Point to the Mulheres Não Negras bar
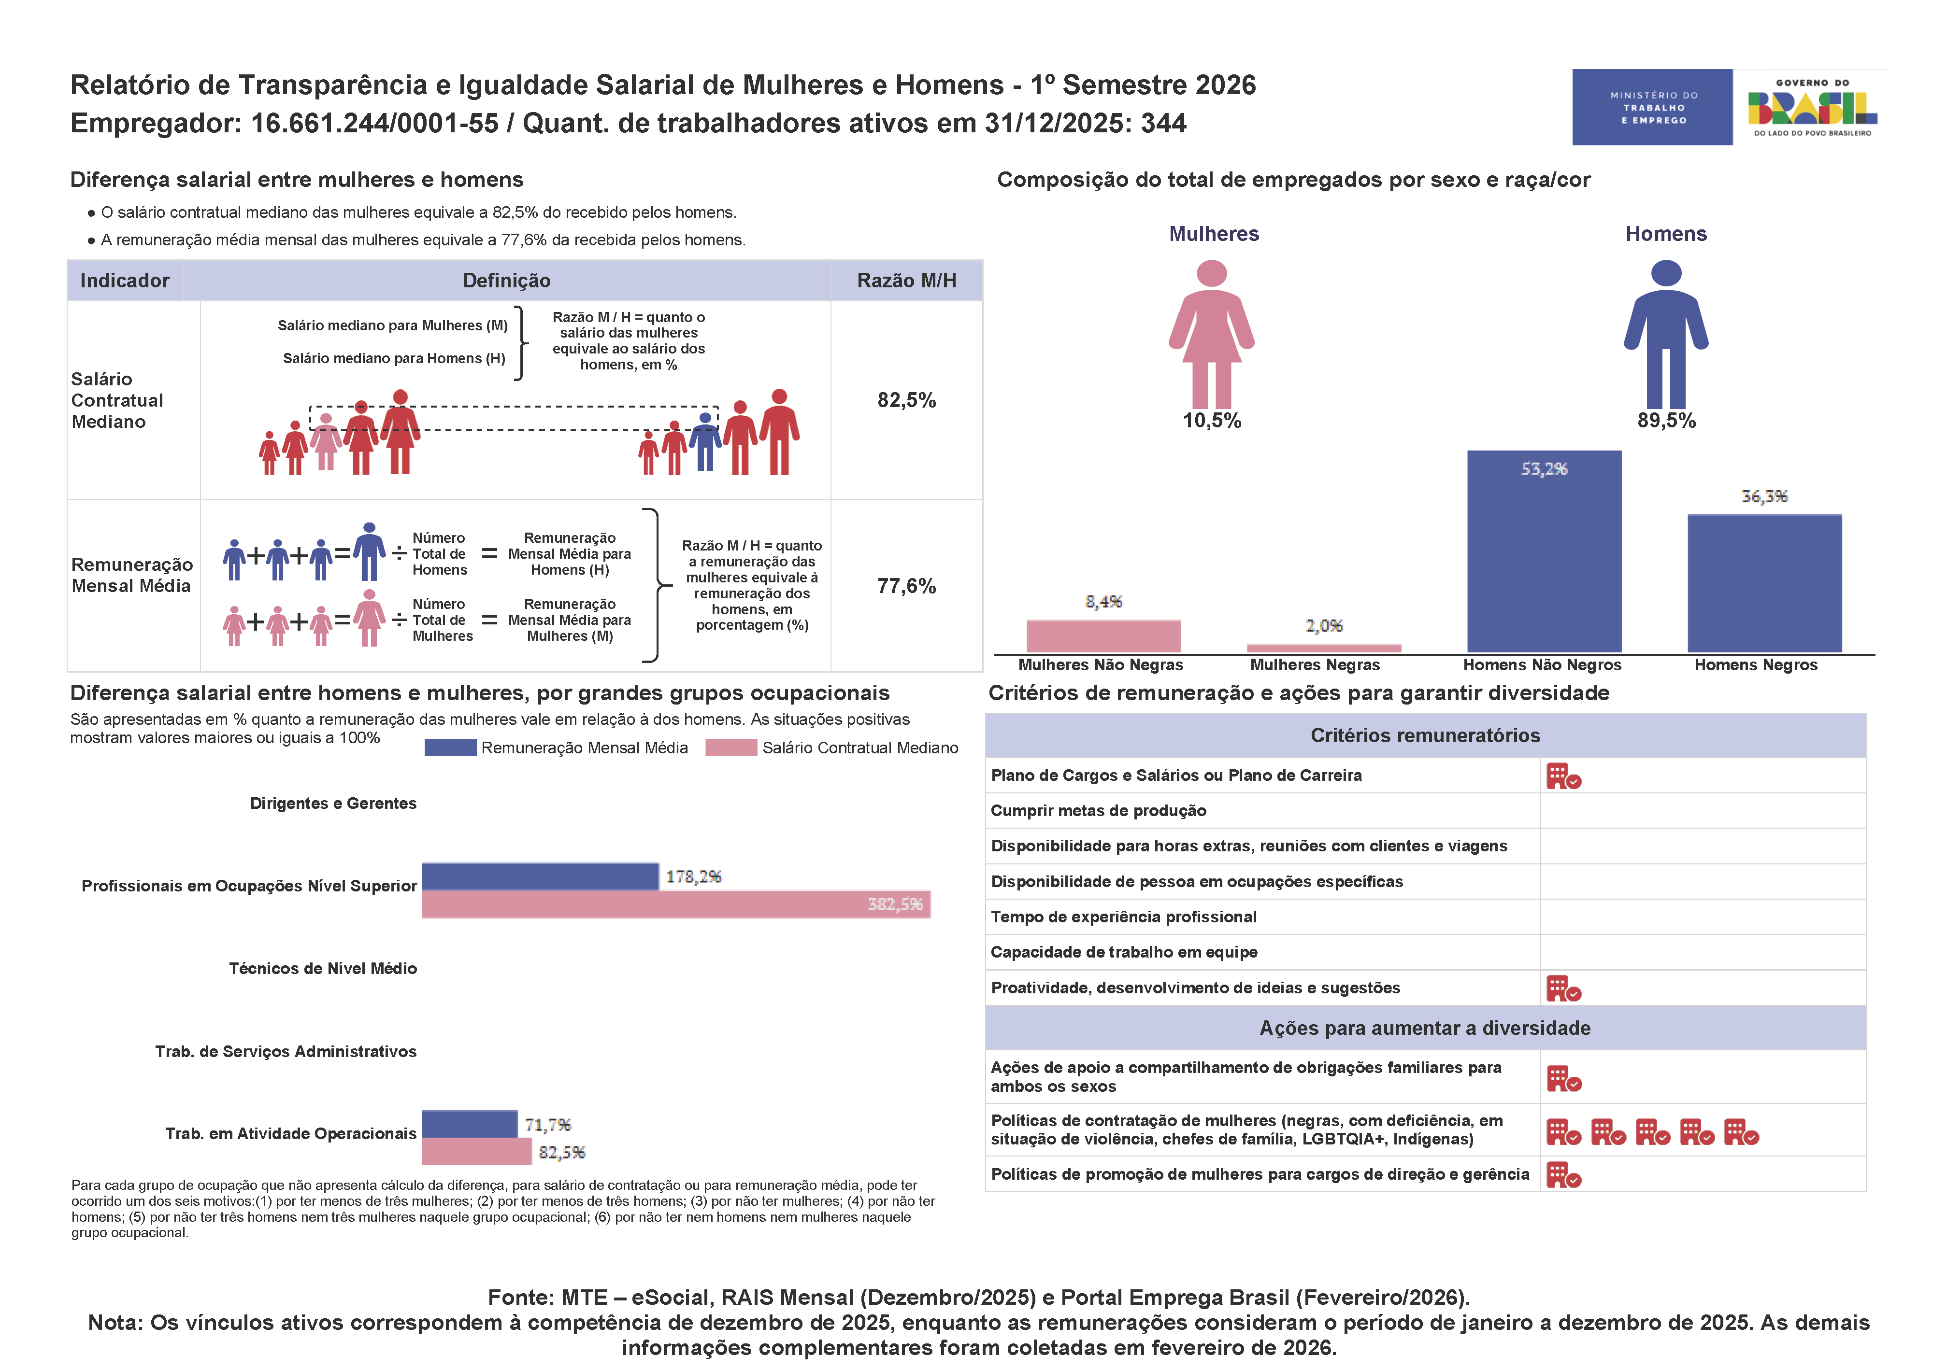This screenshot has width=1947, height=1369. click(x=1103, y=636)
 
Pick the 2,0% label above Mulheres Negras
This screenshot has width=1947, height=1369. click(x=1324, y=625)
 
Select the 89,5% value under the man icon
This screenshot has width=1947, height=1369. click(x=1665, y=421)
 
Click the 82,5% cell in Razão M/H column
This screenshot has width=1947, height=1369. click(x=906, y=400)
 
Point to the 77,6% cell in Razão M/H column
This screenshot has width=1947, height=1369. click(x=906, y=586)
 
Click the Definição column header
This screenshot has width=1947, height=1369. click(x=506, y=281)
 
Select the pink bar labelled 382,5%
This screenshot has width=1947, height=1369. click(x=676, y=904)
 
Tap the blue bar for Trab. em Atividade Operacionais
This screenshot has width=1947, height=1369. click(x=470, y=1124)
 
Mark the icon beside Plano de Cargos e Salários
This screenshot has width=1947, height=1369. click(x=1563, y=776)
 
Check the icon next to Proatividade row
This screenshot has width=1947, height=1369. click(x=1563, y=988)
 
